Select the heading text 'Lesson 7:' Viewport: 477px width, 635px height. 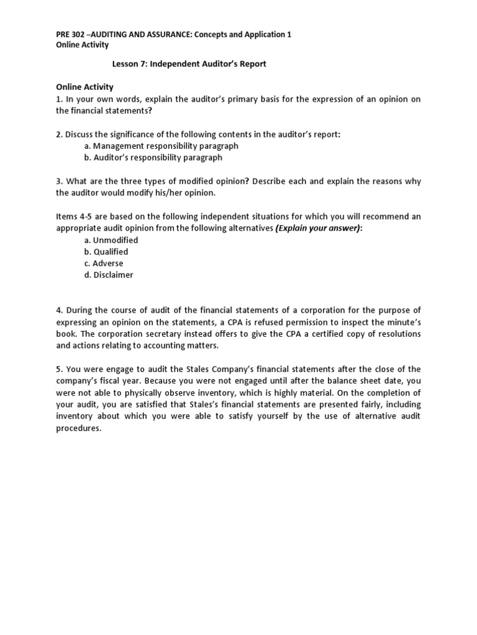coord(129,64)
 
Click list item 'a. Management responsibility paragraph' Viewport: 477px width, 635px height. coord(161,146)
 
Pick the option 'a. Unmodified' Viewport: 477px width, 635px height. coord(111,240)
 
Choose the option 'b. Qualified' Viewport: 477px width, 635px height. coord(106,252)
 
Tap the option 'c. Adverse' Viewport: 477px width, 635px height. coord(104,264)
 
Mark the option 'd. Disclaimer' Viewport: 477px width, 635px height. coord(109,275)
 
